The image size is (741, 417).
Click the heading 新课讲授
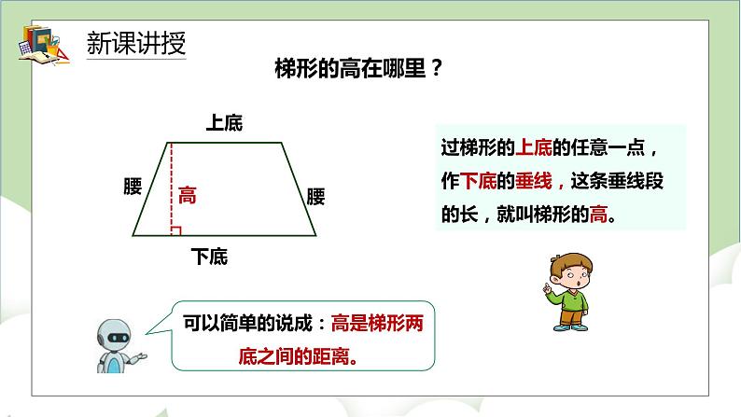(x=135, y=43)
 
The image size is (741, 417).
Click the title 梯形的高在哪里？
(x=358, y=69)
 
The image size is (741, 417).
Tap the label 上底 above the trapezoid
(x=223, y=123)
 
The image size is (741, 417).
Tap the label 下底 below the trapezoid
(x=208, y=256)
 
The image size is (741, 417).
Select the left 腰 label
(x=133, y=188)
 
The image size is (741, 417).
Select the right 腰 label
(x=316, y=197)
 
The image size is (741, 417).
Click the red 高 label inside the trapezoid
(x=188, y=196)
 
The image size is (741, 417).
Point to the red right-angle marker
(x=175, y=229)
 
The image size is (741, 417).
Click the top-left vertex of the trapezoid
(x=169, y=143)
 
